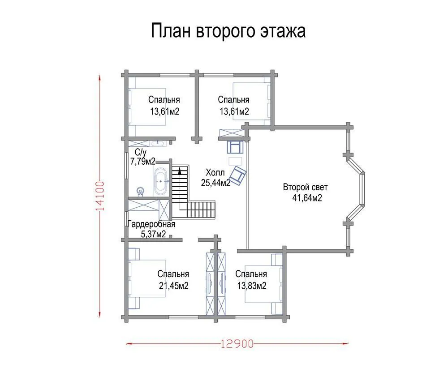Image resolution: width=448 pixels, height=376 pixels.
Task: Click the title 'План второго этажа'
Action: pos(228,31)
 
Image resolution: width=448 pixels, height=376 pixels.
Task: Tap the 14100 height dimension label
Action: pos(100,196)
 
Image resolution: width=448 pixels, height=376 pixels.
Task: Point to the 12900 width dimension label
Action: pos(237,344)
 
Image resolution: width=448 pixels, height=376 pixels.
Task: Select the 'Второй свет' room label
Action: pos(305,187)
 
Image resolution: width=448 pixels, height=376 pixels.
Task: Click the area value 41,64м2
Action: pos(307,198)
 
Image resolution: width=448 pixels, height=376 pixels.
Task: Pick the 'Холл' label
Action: pos(215,172)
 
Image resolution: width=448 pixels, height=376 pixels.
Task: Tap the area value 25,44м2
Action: pos(215,183)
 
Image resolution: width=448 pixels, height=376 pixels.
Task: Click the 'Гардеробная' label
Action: pos(151,224)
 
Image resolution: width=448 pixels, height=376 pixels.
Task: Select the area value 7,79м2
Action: pos(143,162)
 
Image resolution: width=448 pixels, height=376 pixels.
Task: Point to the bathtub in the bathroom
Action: pos(161,181)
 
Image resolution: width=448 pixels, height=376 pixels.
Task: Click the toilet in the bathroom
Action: pos(140,191)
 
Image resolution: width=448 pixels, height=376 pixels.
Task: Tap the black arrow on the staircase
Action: pos(180,171)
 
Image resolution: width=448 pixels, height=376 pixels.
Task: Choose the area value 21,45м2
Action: pos(174,286)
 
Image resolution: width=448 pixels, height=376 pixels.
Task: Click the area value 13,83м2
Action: pos(252,286)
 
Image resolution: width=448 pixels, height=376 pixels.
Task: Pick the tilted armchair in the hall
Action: pos(237,175)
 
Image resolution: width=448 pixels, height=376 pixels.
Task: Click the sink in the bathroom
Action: pos(157,143)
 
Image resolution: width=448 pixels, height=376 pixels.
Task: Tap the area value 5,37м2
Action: pos(153,235)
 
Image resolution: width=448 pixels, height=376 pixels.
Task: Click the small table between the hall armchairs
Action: pos(236,161)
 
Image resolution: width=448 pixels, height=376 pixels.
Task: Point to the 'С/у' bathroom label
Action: pos(141,152)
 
